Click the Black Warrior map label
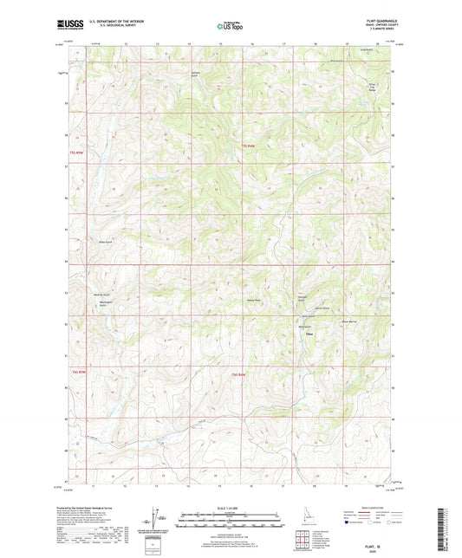(x=348, y=321)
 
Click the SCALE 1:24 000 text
(x=230, y=507)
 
